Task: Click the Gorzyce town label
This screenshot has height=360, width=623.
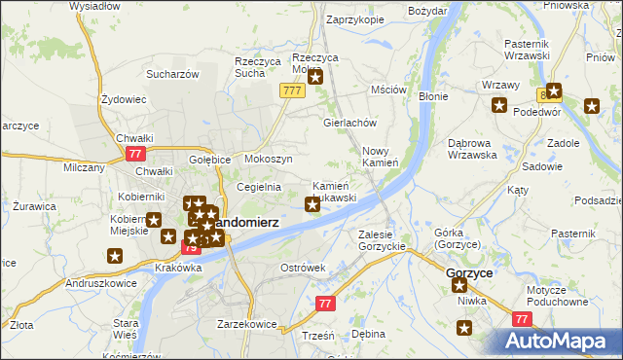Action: coord(468,273)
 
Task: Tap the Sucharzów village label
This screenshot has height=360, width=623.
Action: coord(172,73)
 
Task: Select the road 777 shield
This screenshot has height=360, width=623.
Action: coord(290,90)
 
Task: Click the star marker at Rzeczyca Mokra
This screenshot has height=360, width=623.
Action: coord(314,76)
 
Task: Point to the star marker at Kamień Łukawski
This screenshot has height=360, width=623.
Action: coord(312,203)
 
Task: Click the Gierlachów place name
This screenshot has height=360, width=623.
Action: coord(349,124)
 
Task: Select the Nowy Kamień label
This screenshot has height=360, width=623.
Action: coord(381,157)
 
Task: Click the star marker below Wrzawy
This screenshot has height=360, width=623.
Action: coord(499,105)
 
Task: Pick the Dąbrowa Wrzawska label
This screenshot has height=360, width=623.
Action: coord(472,148)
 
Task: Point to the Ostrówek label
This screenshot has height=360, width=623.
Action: coord(302,268)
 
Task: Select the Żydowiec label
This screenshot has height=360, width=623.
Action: coord(124,99)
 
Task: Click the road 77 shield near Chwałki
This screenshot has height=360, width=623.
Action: coord(134,155)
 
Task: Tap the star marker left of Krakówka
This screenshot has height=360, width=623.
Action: coord(115,256)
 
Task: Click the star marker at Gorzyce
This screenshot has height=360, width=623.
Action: coord(458,286)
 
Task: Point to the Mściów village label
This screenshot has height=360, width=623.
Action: coord(387,90)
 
